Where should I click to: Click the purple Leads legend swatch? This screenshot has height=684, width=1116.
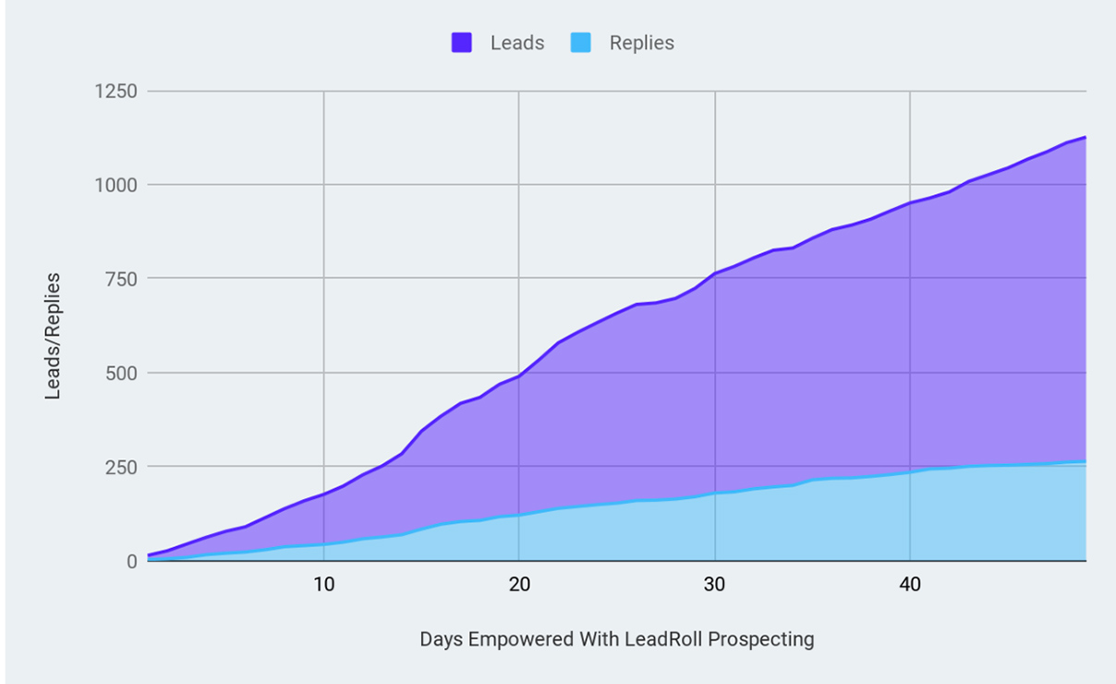coord(462,43)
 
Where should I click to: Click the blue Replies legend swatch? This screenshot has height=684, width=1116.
coord(581,43)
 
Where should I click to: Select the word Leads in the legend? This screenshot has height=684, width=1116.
coord(517,43)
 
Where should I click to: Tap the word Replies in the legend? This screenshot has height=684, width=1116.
coord(642,43)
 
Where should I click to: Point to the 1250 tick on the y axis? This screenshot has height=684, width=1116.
coord(116,92)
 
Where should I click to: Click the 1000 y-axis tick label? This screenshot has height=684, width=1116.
coord(116,185)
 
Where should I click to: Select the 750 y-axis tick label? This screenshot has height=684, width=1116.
coord(121,279)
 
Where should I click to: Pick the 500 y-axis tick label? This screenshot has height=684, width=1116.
coord(121,373)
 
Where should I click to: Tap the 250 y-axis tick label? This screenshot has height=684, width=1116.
coord(121,467)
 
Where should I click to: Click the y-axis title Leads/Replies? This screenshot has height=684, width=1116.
coord(54,336)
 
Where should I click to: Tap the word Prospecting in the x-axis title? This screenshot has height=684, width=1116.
coord(767,639)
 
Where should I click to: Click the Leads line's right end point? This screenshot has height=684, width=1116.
coord(1086,137)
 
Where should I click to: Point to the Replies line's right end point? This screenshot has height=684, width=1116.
coord(1086,462)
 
